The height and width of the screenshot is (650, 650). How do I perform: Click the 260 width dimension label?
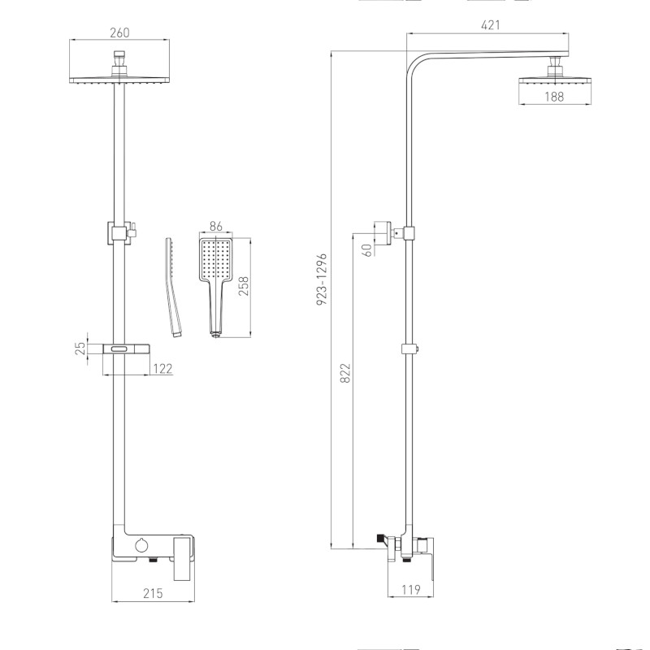120,33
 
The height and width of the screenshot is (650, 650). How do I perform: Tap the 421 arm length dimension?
490,25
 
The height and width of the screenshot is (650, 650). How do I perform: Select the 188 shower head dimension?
554,97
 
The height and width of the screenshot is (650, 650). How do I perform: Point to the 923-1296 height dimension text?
322,279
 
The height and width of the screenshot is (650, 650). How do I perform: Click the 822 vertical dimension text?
344,373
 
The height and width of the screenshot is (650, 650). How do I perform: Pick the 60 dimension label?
367,249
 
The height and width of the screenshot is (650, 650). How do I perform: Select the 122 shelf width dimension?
162,370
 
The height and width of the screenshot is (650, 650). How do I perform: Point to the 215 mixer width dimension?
152,593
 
